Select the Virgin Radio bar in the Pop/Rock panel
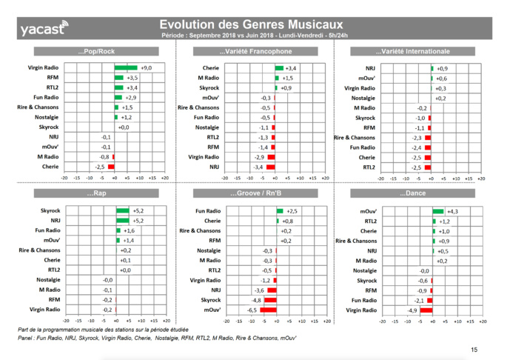pyautogui.click(x=126, y=67)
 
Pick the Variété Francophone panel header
pyautogui.click(x=255, y=52)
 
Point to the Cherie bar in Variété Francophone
pyautogui.click(x=279, y=67)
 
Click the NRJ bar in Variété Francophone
pyautogui.click(x=270, y=167)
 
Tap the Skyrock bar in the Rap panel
pyautogui.click(x=121, y=211)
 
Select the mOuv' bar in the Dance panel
pyautogui.click(x=437, y=211)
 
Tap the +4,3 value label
pyautogui.click(x=452, y=211)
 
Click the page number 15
pyautogui.click(x=474, y=349)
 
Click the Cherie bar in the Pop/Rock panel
pyautogui.click(x=111, y=167)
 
